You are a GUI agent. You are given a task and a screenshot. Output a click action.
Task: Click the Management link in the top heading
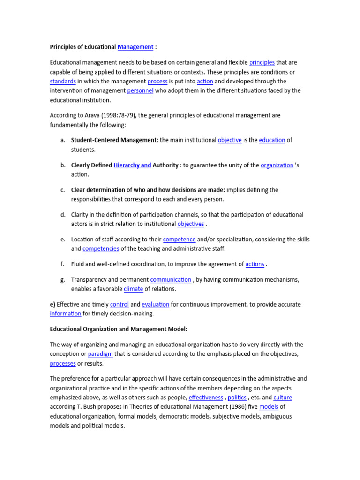coord(135,47)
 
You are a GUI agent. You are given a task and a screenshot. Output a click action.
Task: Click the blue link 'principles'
coord(262,62)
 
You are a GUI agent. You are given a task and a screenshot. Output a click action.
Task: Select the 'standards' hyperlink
coord(63,81)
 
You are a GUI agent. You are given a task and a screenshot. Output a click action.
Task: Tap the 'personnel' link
coord(140,90)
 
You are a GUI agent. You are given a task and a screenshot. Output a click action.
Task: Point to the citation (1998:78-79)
coord(108,115)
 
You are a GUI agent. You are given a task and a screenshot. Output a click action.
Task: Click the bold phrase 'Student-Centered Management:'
coord(114,140)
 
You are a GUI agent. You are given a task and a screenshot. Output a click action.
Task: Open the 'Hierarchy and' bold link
coord(132,165)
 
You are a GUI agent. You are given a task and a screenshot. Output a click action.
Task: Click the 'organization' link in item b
coord(277,165)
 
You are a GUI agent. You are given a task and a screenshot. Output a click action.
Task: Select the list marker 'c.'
coord(62,190)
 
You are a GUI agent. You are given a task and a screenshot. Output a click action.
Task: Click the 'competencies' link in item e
coord(101,248)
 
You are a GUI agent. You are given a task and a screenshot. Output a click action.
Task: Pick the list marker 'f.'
coord(62,264)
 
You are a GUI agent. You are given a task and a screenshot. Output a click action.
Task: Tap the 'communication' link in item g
coord(171,280)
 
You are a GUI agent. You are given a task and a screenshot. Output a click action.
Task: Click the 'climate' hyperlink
coord(133,289)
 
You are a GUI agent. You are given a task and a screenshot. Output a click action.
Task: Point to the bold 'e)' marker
coord(53,305)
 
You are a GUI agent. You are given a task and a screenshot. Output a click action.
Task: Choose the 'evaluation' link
coord(155,305)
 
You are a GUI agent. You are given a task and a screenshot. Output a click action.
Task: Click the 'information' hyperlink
coord(66,314)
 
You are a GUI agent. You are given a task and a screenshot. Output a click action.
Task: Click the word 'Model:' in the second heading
coord(176,330)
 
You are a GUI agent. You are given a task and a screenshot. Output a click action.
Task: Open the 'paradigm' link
coord(100,354)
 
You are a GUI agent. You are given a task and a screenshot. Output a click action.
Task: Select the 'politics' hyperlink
coord(237,397)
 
